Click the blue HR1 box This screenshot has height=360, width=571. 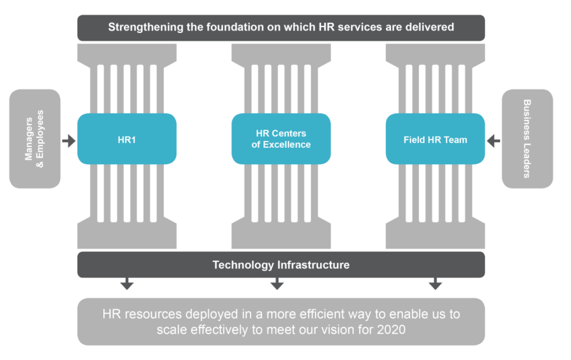(x=127, y=139)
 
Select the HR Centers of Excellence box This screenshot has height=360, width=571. (x=281, y=139)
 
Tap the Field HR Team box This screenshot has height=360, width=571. (x=435, y=139)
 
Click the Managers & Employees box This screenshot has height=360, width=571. (x=35, y=139)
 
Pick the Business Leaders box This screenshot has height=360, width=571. (x=527, y=139)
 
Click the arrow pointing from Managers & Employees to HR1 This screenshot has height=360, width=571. (x=69, y=140)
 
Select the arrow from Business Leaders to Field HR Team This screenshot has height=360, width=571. (x=493, y=140)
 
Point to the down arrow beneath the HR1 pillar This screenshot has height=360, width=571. (x=127, y=285)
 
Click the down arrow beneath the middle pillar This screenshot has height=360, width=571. (x=277, y=285)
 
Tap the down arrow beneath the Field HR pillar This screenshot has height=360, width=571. (x=435, y=285)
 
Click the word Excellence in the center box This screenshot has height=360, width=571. (x=288, y=145)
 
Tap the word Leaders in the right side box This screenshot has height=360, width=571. (x=527, y=159)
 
